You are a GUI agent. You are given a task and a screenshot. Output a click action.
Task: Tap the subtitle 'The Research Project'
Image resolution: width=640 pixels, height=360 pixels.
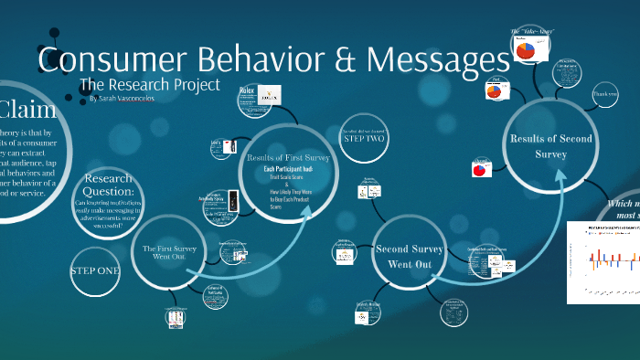point(150,85)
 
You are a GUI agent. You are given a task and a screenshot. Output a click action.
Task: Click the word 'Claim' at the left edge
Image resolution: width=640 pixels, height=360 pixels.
point(27,111)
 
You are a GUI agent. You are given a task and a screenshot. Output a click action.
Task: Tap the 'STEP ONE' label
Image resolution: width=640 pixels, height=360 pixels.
point(94,271)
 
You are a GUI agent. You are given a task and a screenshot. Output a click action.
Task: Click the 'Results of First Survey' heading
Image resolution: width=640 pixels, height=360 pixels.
point(287,157)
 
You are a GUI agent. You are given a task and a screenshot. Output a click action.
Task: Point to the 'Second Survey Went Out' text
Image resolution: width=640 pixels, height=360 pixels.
point(410,255)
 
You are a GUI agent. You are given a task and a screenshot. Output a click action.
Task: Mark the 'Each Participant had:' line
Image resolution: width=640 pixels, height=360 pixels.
point(288,170)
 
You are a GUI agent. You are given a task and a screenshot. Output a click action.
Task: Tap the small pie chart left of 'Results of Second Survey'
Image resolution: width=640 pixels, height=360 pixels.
point(480,170)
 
